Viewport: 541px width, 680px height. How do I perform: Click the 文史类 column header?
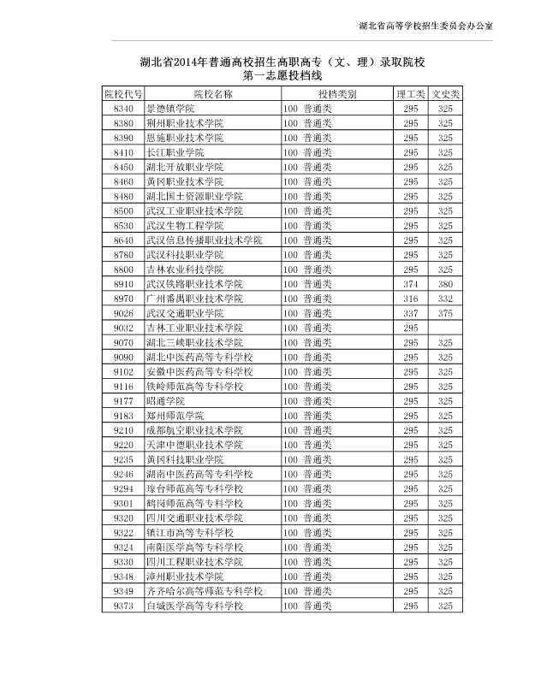click(x=445, y=92)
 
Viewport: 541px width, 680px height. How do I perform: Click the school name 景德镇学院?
click(x=170, y=109)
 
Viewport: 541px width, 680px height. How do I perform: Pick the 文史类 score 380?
click(x=445, y=284)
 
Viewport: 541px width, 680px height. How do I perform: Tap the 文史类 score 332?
click(x=445, y=299)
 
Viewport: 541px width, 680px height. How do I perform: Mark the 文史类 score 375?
click(x=445, y=313)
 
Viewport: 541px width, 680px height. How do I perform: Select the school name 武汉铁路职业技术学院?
click(x=194, y=284)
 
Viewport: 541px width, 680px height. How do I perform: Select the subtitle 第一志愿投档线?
click(x=282, y=76)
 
